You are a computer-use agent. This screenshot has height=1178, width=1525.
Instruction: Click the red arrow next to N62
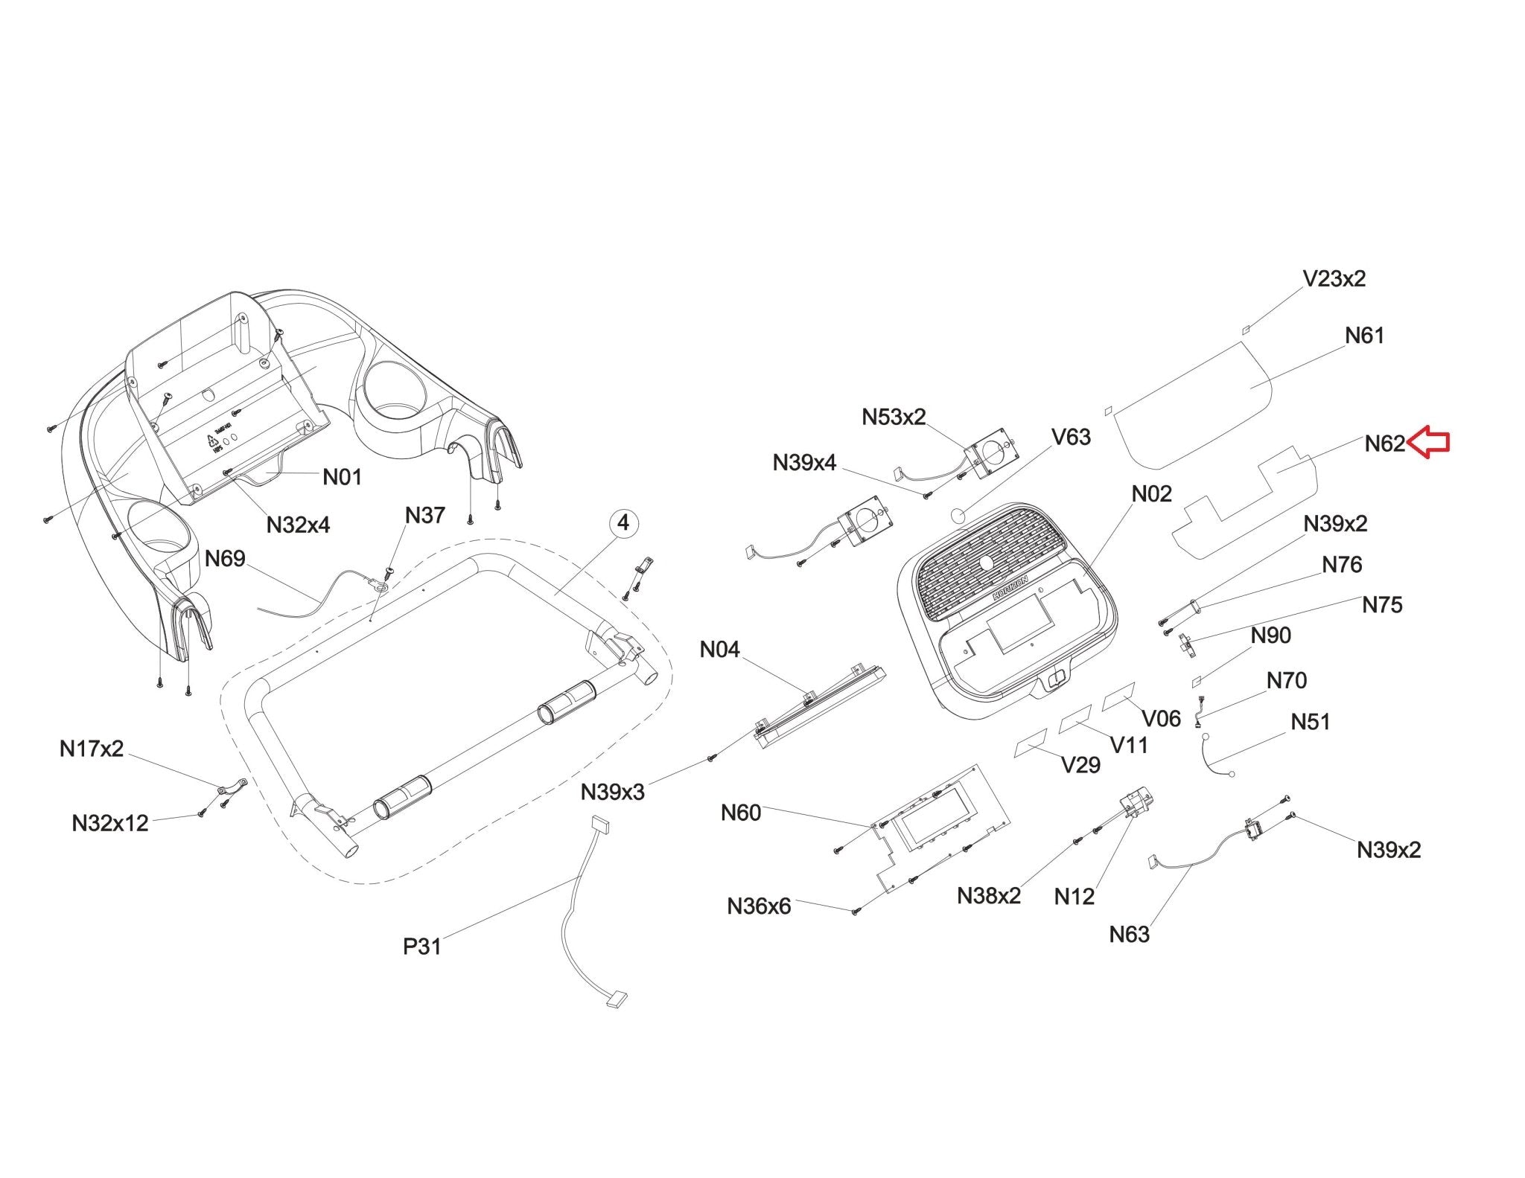(x=1430, y=443)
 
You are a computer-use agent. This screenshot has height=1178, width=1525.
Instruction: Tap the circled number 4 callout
(x=623, y=523)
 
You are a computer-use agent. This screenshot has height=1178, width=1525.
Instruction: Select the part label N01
(x=342, y=476)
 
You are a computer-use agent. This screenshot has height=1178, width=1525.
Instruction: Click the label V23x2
(x=1334, y=279)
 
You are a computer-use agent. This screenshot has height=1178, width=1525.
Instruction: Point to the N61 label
(x=1364, y=336)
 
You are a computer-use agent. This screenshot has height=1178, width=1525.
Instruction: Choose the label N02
(x=1152, y=493)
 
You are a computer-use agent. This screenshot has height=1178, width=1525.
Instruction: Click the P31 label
(x=422, y=947)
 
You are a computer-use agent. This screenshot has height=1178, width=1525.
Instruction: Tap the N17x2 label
(x=92, y=749)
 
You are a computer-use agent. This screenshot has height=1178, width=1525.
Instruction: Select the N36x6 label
(x=759, y=906)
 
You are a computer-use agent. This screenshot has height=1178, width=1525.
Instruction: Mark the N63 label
(x=1129, y=934)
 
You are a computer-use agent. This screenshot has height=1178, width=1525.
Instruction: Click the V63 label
(x=1071, y=437)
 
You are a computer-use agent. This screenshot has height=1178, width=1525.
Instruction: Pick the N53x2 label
(x=894, y=417)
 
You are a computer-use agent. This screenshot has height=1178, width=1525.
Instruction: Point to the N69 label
(x=225, y=558)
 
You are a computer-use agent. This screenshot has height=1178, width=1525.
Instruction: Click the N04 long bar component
(x=819, y=708)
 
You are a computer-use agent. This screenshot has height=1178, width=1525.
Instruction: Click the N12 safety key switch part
(x=1138, y=804)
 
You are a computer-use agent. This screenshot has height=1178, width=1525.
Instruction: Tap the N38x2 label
(x=989, y=896)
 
